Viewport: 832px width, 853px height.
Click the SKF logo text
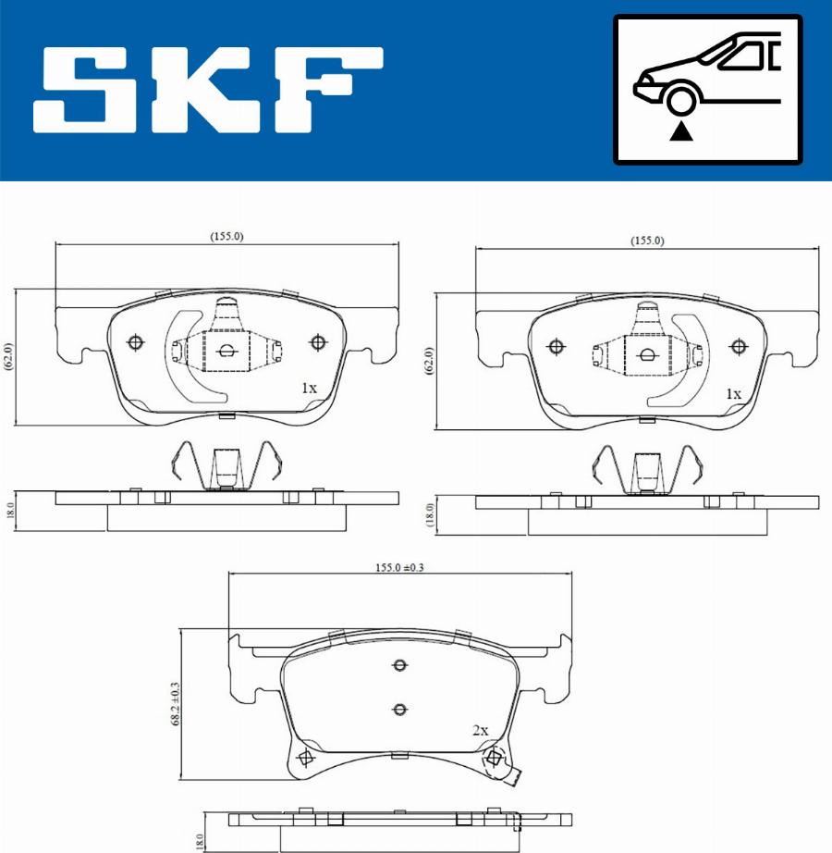208,90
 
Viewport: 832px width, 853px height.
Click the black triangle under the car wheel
682,130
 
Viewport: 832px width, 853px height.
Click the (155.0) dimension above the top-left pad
227,236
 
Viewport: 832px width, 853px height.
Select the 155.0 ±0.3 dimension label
399,568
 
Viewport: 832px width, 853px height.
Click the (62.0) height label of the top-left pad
7,357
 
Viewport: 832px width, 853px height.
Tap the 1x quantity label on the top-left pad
309,389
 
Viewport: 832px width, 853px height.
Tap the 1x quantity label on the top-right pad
732,394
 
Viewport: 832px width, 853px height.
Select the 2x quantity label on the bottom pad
480,730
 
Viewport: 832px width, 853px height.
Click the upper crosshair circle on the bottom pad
399,666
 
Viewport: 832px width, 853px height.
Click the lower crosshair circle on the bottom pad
399,710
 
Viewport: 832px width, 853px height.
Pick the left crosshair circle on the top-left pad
136,343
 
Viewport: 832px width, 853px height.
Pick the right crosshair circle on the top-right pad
738,347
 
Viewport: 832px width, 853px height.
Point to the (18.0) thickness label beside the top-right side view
428,513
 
